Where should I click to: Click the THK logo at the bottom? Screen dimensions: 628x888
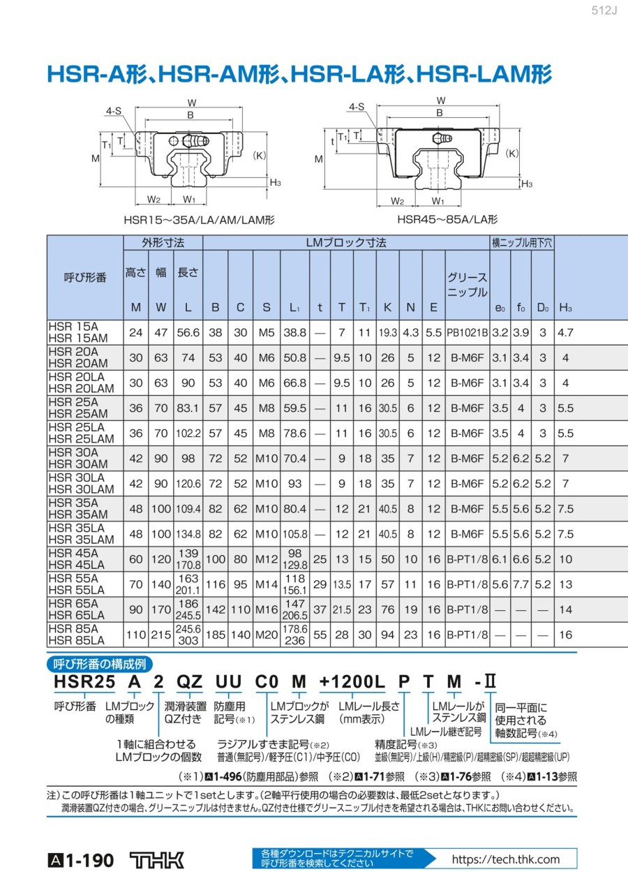point(156,860)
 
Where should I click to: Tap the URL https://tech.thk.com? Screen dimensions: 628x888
point(506,859)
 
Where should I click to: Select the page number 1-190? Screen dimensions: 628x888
point(89,861)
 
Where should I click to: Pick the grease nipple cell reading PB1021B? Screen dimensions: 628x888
point(467,332)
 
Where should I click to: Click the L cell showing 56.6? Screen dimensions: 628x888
point(188,332)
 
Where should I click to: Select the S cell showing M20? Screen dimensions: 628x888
point(267,635)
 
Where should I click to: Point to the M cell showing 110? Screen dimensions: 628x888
point(136,635)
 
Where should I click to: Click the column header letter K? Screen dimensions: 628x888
point(387,307)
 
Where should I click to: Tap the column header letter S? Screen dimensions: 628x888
point(267,307)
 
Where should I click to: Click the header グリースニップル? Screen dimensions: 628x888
point(467,285)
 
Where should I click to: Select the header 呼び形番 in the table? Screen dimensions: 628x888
point(85,277)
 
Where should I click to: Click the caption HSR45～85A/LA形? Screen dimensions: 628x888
point(447,219)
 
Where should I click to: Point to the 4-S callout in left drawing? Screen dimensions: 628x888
point(113,111)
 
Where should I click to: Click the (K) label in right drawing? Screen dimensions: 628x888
point(512,154)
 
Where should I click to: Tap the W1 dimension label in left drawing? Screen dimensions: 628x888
point(189,199)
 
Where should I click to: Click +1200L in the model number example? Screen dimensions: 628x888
point(352,681)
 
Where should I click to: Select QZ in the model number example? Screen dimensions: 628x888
point(189,681)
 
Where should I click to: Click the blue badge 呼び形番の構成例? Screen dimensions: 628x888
point(100,664)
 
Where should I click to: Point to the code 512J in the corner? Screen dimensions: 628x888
point(604,10)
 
